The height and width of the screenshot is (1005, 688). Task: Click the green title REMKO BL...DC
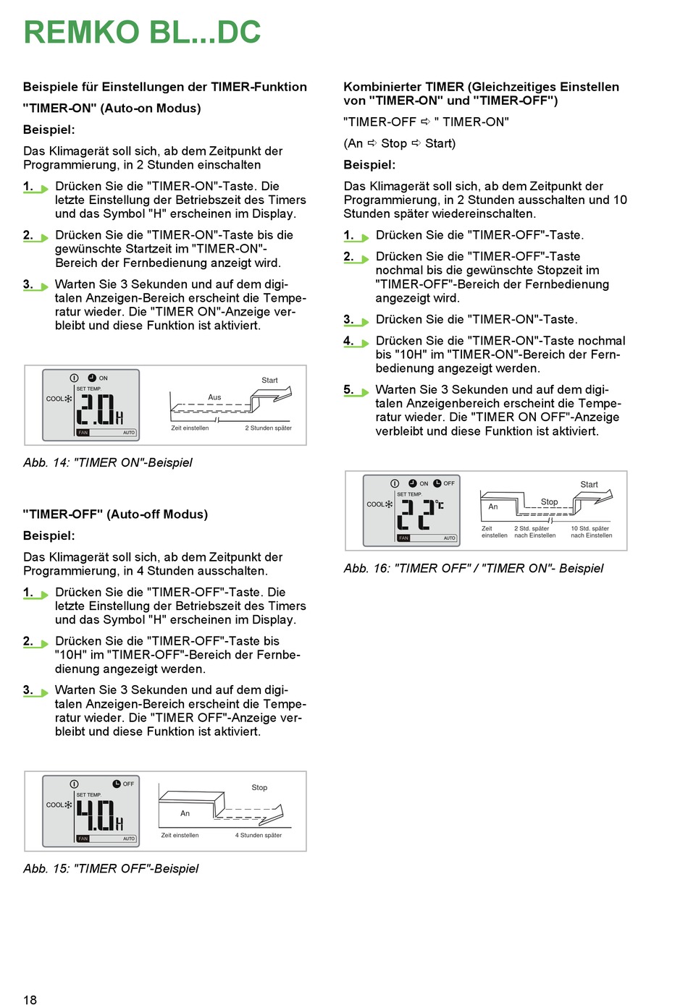[142, 33]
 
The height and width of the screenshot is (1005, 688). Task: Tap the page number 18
[30, 999]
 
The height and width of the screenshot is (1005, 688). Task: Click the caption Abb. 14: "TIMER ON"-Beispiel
[108, 462]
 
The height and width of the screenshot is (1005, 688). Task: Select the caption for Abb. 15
[111, 868]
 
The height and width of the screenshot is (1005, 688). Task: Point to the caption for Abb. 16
[473, 568]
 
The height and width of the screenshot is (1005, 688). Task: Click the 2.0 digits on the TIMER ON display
[96, 409]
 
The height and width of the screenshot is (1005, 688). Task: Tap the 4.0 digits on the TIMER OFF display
[96, 815]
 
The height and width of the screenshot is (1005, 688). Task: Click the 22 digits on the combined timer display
[416, 514]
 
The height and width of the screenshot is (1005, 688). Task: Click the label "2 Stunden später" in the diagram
[268, 428]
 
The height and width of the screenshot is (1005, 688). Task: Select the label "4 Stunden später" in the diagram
[258, 835]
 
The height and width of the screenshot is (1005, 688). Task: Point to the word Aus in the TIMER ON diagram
[214, 397]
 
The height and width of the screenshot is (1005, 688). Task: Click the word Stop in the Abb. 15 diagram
[259, 787]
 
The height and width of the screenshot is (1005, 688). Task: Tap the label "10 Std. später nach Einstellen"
[591, 532]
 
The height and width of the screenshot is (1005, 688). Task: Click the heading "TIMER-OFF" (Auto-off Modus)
[115, 514]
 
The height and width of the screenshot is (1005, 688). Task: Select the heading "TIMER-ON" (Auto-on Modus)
[112, 109]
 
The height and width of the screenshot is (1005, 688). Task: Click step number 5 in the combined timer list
[348, 389]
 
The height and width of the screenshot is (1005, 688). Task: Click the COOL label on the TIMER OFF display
[55, 805]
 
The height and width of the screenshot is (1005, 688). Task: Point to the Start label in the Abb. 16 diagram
[589, 485]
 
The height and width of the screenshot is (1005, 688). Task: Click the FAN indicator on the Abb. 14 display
[83, 433]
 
